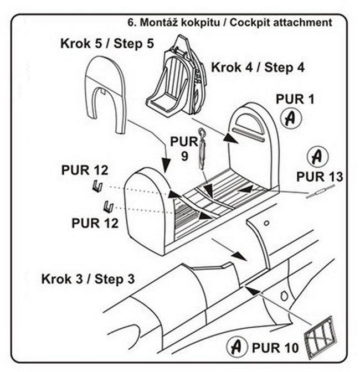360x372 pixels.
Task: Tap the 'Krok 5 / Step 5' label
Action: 107,43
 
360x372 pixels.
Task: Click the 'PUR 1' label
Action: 295,100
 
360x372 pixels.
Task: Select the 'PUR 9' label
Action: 184,148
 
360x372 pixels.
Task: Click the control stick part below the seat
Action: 203,146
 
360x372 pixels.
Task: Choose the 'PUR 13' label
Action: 320,177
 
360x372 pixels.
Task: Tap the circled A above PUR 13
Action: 316,156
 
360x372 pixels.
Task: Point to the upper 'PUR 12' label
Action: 85,169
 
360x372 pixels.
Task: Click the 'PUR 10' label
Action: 275,348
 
